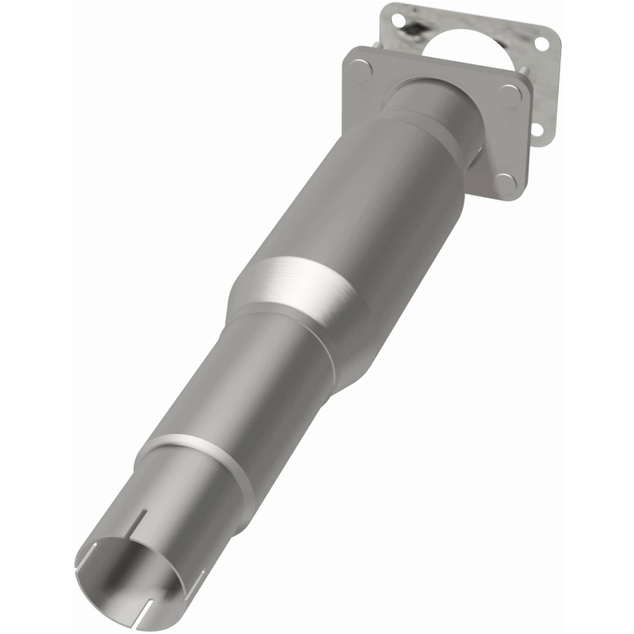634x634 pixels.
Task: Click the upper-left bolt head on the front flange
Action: (x=361, y=70)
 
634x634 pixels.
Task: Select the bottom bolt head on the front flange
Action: (x=504, y=183)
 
